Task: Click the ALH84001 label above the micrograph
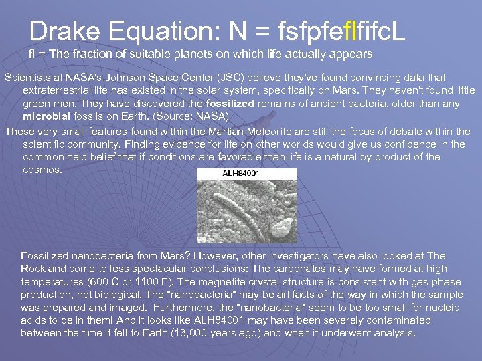point(242,174)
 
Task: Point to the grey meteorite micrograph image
point(248,207)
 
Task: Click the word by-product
point(375,157)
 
